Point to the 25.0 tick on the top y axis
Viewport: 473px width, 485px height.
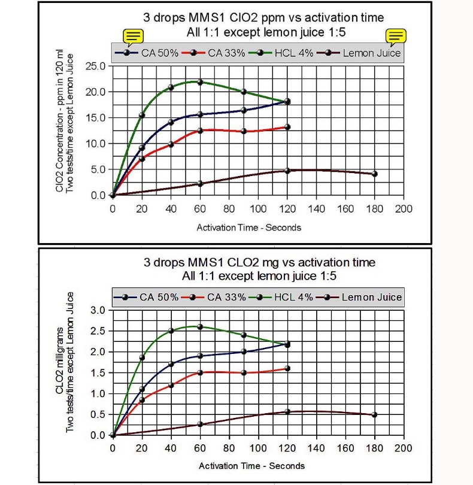(x=96, y=66)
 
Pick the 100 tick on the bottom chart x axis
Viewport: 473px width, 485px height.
(x=258, y=448)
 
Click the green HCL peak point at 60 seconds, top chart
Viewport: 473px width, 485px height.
(x=201, y=82)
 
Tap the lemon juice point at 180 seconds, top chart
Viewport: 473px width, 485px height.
(x=375, y=174)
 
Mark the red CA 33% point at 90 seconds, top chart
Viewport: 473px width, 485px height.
(x=244, y=131)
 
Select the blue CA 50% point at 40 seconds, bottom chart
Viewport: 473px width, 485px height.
(x=171, y=364)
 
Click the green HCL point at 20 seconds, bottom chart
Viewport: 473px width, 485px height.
(x=142, y=357)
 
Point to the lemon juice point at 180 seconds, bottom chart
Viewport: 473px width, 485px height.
(x=375, y=414)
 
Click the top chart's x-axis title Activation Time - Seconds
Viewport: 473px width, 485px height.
(x=249, y=228)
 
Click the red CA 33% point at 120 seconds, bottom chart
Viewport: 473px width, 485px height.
(x=287, y=368)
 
